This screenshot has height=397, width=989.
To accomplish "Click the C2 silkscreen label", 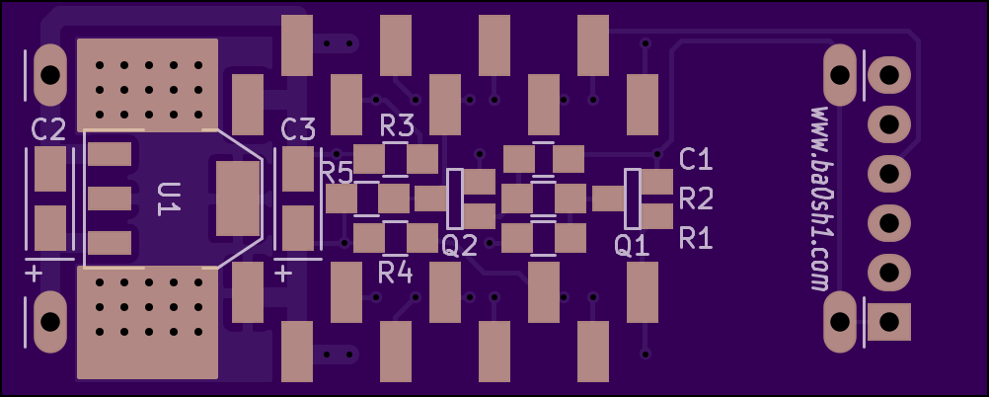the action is pos(48,130).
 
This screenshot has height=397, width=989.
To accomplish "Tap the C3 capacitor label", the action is pos(298,130).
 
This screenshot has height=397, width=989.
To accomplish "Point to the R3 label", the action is pos(398,126).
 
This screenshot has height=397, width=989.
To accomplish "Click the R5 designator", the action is pos(338,173).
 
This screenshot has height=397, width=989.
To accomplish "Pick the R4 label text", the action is pos(396,274).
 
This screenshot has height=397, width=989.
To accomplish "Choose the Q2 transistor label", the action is pos(460,246).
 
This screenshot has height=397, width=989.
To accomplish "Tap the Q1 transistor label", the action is pos(632,246).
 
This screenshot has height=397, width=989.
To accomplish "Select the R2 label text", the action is pos(696,199).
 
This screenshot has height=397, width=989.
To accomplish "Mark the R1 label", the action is pos(696,239).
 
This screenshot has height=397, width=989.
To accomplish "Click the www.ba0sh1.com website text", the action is pos(819,198).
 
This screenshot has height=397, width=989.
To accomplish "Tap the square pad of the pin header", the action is pos(889,321).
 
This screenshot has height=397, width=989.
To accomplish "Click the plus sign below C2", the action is pos(34,275).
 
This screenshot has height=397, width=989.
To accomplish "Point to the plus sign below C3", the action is pos(284,275).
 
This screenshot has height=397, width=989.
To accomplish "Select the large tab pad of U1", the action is pos(238,198).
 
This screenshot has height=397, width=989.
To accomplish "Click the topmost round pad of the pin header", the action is pos(889,75).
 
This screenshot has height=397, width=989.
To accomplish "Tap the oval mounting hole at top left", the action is pos(50,75).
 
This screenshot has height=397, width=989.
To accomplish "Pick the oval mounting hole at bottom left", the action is pos(50,322).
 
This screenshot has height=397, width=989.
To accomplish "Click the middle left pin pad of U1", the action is pos(110,198).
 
